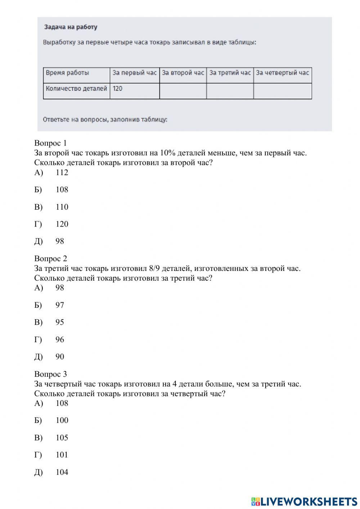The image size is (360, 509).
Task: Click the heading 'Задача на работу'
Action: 71,27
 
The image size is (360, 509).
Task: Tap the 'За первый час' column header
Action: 134,73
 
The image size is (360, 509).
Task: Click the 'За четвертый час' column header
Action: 282,73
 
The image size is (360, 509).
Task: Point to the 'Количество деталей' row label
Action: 76,88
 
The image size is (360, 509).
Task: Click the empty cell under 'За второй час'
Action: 183,91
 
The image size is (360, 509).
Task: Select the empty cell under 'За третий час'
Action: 230,91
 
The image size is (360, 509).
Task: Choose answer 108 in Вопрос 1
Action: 62,189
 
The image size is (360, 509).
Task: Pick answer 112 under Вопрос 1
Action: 62,172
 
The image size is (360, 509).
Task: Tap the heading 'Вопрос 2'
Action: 50,258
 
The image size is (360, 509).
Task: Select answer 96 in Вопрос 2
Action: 60,339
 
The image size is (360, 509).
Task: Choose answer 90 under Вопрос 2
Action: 60,357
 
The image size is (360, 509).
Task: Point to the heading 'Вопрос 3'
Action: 50,374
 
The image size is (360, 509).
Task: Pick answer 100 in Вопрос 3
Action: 62,420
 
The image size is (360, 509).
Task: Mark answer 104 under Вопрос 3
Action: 62,472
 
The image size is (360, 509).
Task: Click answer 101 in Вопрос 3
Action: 62,455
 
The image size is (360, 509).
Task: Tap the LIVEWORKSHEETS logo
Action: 304,501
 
